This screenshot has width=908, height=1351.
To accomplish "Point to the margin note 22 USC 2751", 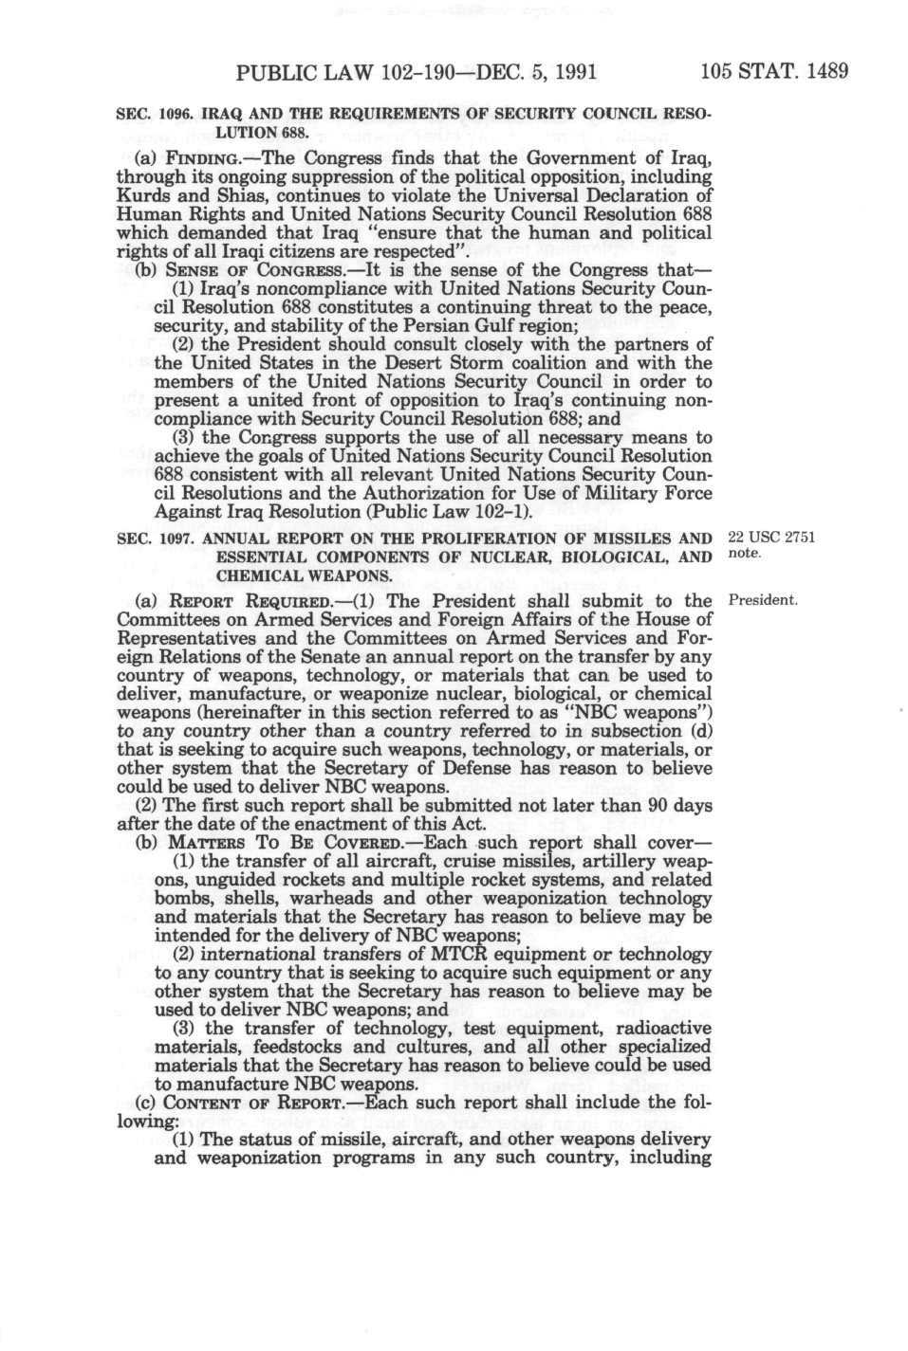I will (x=769, y=539).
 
